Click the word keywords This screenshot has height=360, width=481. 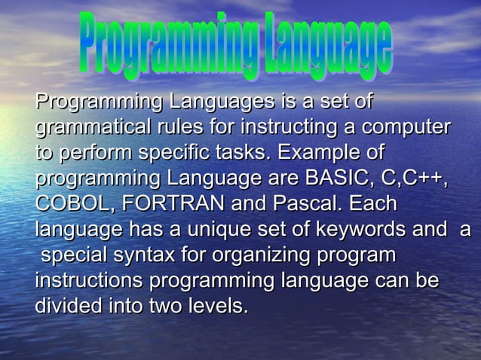[x=391, y=230]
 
